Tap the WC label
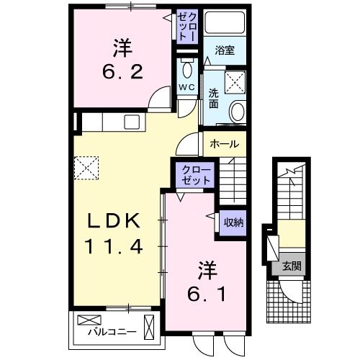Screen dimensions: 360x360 coord(186,88)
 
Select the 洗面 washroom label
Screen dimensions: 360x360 coord(214,98)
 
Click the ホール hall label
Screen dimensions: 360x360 coord(224,144)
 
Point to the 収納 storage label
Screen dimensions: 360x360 coord(232,222)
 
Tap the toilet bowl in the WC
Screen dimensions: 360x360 coord(186,70)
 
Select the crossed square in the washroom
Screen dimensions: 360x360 coord(235,81)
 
